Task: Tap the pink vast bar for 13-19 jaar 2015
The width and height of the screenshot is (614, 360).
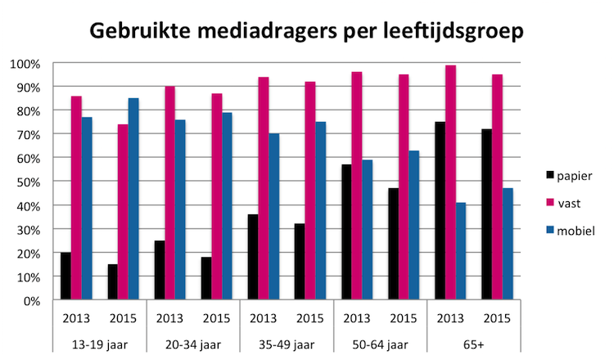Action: (x=122, y=212)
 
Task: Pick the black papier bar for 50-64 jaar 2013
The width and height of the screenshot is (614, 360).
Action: (x=346, y=232)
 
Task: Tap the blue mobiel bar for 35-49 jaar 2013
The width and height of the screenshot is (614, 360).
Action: (x=273, y=217)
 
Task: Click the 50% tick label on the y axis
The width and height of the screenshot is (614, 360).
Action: (x=26, y=182)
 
